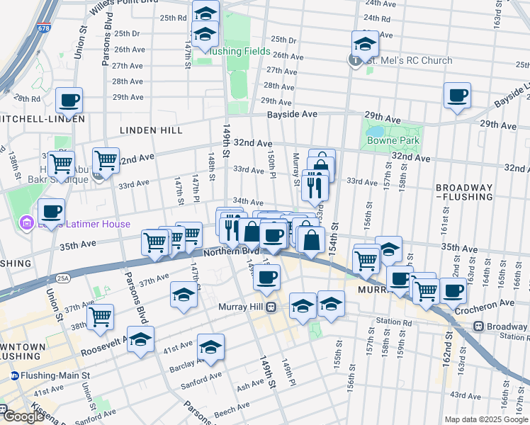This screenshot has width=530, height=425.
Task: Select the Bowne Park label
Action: point(393,140)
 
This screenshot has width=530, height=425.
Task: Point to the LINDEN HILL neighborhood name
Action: point(151,130)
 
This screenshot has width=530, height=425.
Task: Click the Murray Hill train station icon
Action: point(270,307)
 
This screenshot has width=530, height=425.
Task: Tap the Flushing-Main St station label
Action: point(50,375)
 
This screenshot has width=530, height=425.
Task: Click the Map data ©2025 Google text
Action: point(486,419)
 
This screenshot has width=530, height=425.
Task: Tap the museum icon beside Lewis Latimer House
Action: point(27,225)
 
